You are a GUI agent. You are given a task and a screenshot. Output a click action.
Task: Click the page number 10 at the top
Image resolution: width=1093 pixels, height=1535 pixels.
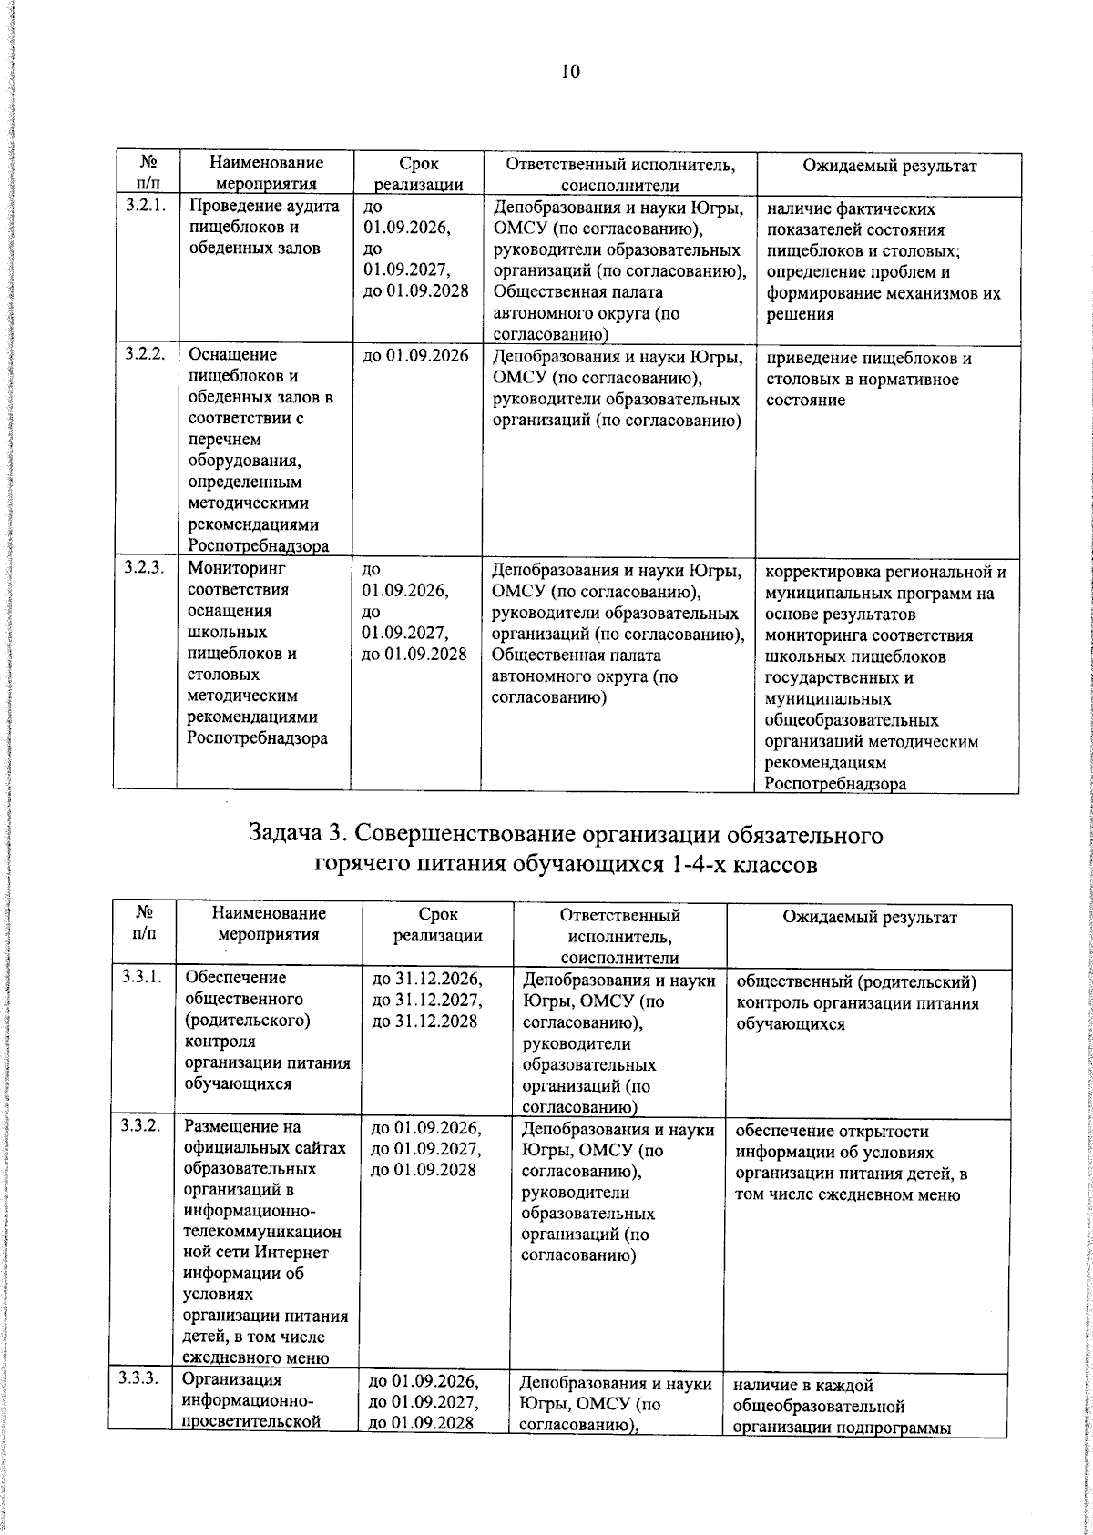570,73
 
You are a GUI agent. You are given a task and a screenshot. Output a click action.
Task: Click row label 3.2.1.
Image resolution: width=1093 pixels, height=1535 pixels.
145,207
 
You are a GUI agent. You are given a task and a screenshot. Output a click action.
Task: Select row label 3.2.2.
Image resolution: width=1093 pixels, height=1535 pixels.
145,355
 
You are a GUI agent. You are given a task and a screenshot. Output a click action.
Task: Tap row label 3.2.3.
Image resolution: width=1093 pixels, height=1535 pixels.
145,568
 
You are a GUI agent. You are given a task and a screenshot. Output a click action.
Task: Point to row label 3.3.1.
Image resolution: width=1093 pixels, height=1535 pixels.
142,977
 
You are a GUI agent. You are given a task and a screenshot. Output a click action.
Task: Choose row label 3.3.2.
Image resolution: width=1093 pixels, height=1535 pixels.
142,1126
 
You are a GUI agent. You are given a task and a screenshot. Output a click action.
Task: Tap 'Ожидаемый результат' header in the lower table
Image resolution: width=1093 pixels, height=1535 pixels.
870,917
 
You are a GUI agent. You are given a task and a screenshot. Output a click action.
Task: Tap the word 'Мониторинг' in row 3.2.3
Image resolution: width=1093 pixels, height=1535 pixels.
236,568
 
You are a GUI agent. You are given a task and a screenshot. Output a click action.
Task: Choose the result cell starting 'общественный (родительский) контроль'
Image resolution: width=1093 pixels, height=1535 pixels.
856,1002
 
